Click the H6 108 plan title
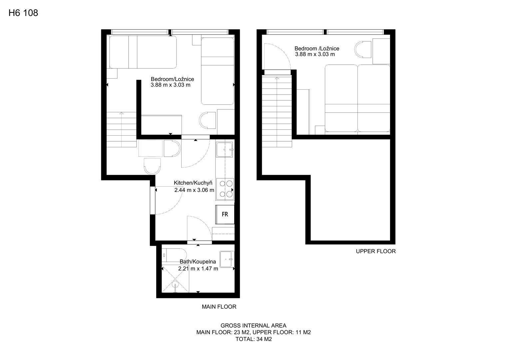tap(23, 13)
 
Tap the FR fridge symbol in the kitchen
tap(225, 214)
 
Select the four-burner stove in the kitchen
tap(225, 189)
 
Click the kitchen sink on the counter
tap(225, 150)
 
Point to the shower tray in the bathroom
tap(175, 279)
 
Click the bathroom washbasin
tap(227, 259)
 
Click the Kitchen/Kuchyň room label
tap(193, 183)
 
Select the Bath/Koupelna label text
tap(198, 262)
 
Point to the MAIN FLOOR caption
tap(219, 307)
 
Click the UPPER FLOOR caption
tap(376, 251)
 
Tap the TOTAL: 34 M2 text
tap(254, 339)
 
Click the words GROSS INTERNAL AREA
tap(254, 326)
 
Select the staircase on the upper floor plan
tap(277, 111)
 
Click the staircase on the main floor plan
tap(121, 129)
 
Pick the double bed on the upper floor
tap(357, 98)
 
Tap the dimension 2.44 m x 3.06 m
tap(194, 190)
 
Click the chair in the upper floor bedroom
tap(363, 49)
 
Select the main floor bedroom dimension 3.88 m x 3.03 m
tap(171, 85)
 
